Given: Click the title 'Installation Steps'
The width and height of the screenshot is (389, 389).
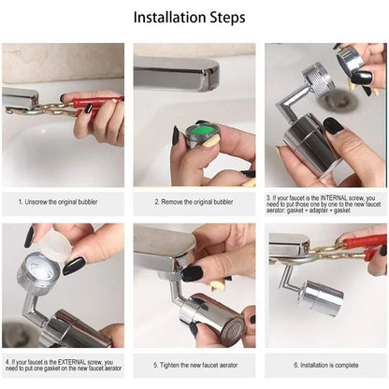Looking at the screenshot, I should point(194,18).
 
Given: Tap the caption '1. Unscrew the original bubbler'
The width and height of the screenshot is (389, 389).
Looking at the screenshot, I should point(63,200).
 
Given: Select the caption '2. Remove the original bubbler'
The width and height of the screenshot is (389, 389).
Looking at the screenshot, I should point(194,200).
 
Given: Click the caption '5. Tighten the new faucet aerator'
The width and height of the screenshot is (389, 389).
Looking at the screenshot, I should point(194,364).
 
